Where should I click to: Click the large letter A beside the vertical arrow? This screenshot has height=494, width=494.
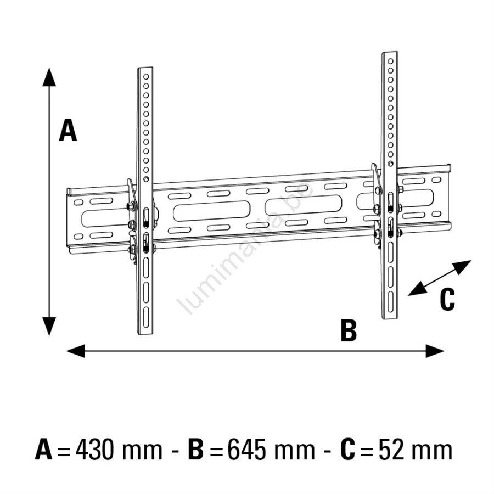point(68,130)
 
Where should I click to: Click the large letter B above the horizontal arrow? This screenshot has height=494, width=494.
point(349,330)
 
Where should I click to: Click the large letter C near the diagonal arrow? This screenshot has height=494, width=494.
point(447,300)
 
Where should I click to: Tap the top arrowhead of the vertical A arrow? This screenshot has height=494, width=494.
point(49,77)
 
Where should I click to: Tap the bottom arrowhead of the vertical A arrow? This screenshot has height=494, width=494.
point(49,327)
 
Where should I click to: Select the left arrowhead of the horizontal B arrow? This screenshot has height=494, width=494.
point(76,351)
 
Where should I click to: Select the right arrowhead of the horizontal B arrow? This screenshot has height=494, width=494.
point(435,351)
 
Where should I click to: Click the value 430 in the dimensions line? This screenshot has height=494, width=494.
point(94,450)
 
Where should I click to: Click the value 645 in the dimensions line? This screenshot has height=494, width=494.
point(248,450)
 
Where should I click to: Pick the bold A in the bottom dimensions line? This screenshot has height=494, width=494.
point(44,450)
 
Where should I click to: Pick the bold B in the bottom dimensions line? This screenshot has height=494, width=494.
point(195,450)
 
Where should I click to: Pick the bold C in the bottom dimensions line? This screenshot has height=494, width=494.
point(347,450)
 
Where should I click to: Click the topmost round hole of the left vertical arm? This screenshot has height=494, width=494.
point(146,76)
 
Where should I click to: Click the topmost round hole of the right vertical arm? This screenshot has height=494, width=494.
point(390,61)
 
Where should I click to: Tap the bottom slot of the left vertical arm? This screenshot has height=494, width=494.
point(146,317)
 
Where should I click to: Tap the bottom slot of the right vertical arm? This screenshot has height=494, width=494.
point(390,302)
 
